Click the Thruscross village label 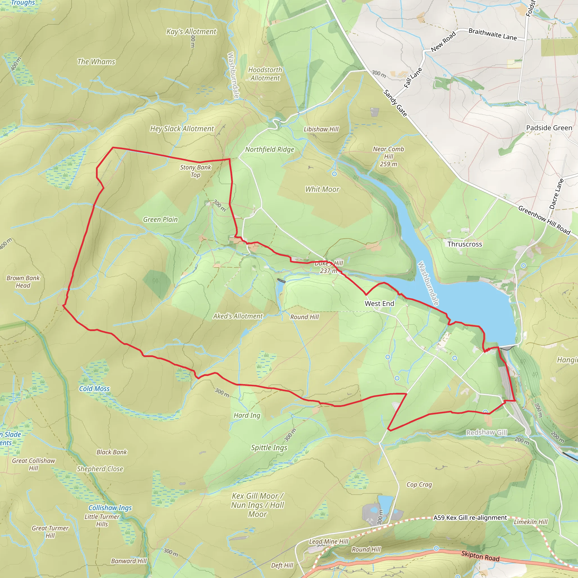click(465, 244)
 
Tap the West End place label click(379, 303)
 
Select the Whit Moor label click(322, 189)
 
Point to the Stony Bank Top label click(195, 171)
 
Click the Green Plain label click(160, 219)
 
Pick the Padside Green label click(549, 128)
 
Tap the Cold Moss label click(94, 389)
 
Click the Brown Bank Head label click(23, 281)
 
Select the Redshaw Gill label click(487, 432)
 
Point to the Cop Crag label click(419, 484)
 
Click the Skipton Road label click(480, 556)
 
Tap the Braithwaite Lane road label click(492, 34)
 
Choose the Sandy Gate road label click(395, 103)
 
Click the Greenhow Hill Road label click(544, 220)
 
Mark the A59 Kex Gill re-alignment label click(470, 518)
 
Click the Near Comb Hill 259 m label click(388, 156)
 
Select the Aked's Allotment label click(238, 316)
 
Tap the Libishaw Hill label click(321, 129)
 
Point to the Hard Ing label click(247, 415)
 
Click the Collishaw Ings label click(110, 508)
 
